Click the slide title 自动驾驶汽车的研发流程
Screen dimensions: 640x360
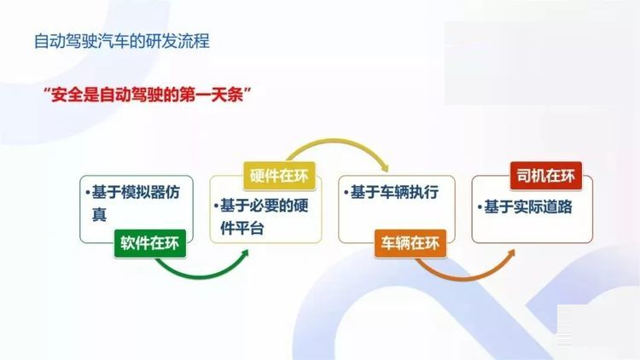122,41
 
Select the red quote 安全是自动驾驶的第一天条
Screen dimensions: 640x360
147,95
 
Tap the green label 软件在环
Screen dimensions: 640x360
150,243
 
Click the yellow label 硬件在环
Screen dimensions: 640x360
279,176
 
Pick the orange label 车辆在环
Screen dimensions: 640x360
410,243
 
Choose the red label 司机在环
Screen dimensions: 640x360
546,176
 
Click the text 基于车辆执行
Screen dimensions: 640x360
395,192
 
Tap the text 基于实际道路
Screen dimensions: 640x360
528,207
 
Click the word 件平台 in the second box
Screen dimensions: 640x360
242,228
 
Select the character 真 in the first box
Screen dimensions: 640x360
99,214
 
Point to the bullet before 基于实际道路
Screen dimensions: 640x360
480,207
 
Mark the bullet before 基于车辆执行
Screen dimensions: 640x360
346,192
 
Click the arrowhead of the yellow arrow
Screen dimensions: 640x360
384,166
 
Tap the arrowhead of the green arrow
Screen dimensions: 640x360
244,254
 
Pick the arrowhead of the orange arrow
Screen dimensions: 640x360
510,255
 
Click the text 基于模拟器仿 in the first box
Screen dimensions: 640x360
136,192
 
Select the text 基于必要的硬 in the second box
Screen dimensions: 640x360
264,206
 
